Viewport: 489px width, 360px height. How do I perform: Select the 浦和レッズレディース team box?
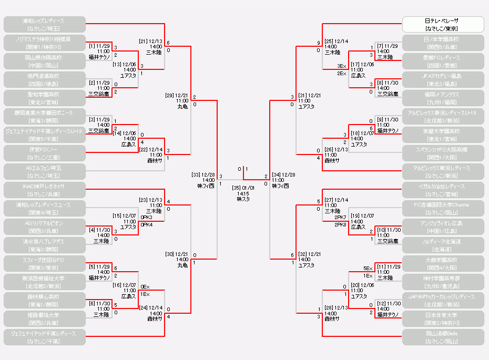coord(45,24)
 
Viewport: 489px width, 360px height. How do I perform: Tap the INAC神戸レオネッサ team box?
coord(45,190)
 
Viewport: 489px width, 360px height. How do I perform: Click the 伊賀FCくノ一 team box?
coord(45,153)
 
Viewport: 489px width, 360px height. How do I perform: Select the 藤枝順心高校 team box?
coord(45,300)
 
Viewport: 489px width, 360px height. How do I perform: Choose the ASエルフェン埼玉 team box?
coord(45,171)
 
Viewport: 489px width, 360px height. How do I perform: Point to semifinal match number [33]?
coord(196,174)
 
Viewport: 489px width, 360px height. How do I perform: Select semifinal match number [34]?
coord(277,174)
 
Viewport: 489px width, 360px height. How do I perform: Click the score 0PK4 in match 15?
coord(146,224)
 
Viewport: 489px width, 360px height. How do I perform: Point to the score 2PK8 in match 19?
coord(341,224)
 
